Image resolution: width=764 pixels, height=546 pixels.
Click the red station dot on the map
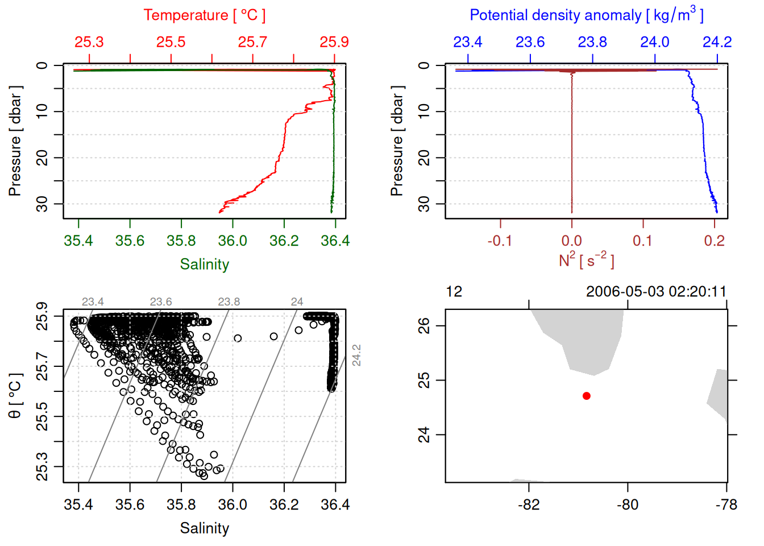click(x=587, y=396)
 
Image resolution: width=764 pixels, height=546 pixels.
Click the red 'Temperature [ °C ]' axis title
click(x=204, y=15)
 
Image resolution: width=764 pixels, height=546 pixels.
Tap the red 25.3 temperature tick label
click(x=89, y=42)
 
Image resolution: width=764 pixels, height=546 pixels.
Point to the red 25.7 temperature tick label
click(x=252, y=42)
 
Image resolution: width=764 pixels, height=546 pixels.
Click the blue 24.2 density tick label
click(x=717, y=42)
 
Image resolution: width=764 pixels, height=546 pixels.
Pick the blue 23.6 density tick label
click(x=530, y=42)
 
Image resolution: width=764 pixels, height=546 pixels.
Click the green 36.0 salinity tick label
click(x=232, y=241)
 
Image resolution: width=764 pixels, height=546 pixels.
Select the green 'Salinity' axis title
click(x=205, y=264)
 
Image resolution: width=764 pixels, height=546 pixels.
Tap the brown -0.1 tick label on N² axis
click(x=499, y=241)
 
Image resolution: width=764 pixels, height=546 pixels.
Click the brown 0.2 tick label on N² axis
click(x=714, y=241)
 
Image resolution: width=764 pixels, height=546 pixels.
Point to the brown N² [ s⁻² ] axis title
click(x=586, y=260)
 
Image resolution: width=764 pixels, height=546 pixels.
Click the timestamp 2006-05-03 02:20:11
click(x=656, y=292)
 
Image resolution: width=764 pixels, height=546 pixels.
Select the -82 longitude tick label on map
click(x=529, y=504)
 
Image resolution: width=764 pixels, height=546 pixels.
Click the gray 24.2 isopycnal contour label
click(x=356, y=355)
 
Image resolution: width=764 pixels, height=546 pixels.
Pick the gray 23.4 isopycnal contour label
click(x=93, y=302)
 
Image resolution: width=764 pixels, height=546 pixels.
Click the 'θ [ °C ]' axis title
click(x=15, y=396)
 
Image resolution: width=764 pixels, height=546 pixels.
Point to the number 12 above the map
click(x=454, y=292)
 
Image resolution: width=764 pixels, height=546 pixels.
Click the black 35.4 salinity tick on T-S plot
click(x=78, y=504)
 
